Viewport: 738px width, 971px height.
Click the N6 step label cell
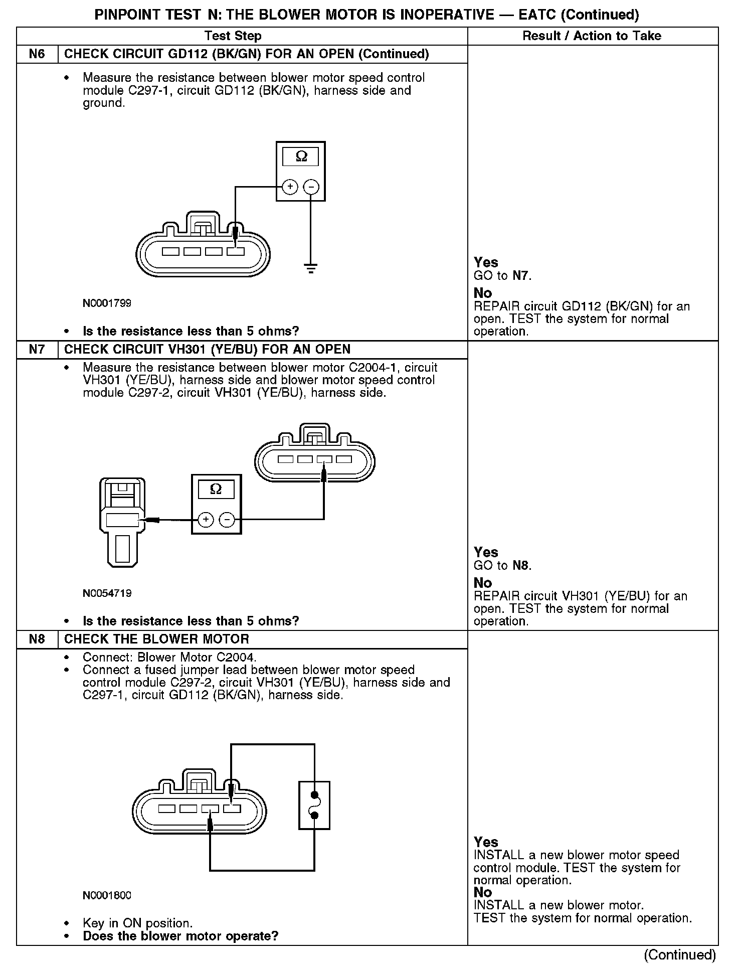pos(37,54)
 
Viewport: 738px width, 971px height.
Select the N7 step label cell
pos(37,350)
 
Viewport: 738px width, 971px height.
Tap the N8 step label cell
pos(37,639)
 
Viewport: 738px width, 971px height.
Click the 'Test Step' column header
pos(233,36)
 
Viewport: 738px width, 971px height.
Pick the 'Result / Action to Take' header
pos(592,36)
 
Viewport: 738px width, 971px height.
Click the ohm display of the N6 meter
pos(301,157)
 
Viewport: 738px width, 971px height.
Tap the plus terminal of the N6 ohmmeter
pos(290,187)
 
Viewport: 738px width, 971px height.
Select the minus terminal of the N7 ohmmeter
pos(228,520)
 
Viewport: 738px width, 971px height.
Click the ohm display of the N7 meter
pos(216,489)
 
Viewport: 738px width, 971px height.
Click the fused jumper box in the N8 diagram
pos(314,805)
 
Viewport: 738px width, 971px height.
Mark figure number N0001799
pos(107,303)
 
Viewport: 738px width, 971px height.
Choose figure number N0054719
pos(107,593)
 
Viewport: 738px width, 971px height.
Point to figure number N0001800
pos(107,895)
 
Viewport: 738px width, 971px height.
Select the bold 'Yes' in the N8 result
pos(486,842)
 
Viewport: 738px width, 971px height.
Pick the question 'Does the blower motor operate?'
pos(180,936)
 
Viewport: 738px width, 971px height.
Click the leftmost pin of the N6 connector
pos(170,251)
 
